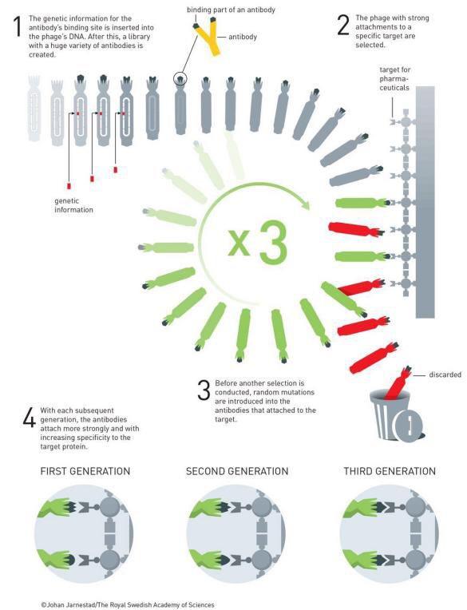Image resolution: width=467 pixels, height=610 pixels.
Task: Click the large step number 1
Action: tap(18, 26)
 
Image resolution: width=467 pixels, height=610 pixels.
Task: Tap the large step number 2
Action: tap(343, 26)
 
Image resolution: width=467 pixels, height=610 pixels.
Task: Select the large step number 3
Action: tap(204, 390)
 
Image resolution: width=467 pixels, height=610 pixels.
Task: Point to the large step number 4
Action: tap(29, 418)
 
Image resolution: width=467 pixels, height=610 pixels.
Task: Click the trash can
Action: tap(394, 415)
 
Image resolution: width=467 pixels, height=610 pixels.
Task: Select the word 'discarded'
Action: tap(445, 374)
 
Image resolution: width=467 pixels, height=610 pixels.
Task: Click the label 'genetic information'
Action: tap(74, 205)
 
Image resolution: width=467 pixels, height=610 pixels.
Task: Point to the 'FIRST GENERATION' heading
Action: tap(85, 471)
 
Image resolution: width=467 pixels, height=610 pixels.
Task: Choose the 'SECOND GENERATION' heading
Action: tap(237, 471)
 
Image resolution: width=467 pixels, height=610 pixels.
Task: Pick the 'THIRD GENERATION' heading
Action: tap(390, 471)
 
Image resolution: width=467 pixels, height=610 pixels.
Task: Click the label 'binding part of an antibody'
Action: tap(231, 10)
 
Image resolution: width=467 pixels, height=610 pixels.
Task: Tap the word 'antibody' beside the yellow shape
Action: tap(243, 37)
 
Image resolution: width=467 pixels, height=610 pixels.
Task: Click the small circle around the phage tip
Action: tap(180, 78)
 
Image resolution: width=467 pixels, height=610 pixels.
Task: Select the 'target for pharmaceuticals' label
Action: tap(394, 78)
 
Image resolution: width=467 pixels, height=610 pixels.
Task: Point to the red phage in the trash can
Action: tap(397, 383)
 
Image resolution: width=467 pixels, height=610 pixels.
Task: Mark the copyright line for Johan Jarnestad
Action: tap(128, 604)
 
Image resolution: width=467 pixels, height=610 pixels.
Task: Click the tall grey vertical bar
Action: tap(425, 202)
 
